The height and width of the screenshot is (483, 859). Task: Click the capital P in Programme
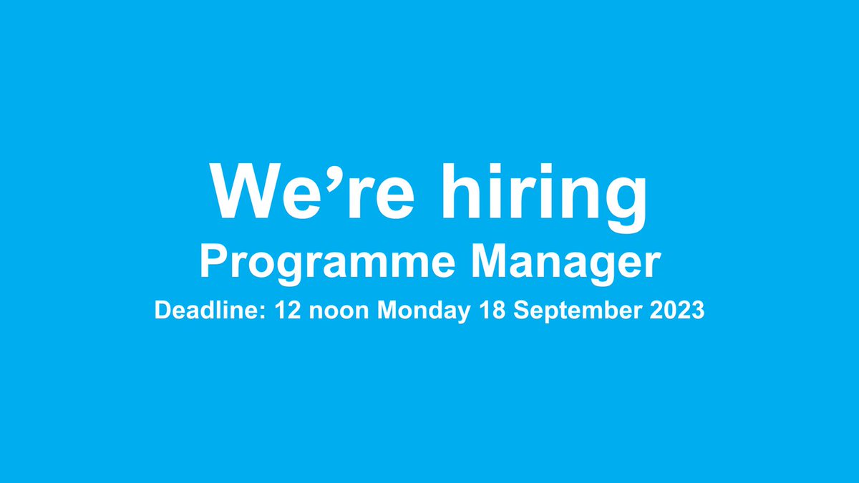(212, 263)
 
